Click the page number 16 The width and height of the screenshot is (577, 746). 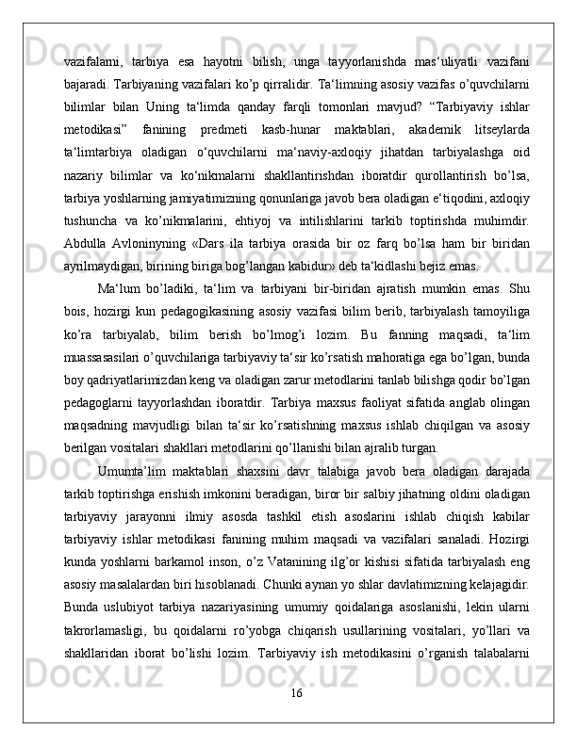click(x=296, y=721)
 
